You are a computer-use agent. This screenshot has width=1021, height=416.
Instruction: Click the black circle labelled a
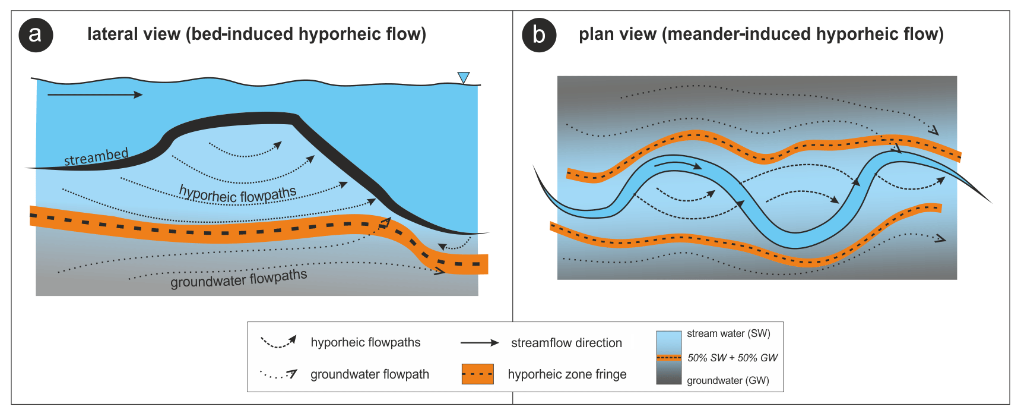[36, 35]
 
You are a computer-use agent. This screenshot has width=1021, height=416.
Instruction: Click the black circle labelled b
[538, 35]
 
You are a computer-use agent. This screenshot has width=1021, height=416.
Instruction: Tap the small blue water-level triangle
[464, 77]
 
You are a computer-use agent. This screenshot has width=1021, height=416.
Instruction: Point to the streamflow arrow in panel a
[95, 94]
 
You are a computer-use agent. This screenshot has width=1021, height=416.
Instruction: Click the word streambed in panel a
[96, 157]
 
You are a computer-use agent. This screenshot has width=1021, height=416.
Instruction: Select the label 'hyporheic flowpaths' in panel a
[237, 194]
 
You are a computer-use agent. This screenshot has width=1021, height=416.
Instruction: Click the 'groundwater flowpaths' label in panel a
[239, 278]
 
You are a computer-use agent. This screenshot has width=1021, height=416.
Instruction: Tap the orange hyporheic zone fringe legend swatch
[477, 374]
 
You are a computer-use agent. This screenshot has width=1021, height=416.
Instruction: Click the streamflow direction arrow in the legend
[480, 342]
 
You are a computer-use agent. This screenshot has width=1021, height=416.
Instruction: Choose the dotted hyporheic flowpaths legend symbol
[278, 342]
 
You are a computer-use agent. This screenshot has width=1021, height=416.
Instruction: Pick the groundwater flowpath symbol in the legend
[278, 374]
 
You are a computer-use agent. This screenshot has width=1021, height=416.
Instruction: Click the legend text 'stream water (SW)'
[728, 333]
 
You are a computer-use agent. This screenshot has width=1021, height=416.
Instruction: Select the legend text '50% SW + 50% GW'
[732, 358]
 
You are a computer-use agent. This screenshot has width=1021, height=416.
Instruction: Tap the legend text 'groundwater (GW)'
[728, 380]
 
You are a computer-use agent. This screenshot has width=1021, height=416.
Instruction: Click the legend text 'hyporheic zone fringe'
[567, 374]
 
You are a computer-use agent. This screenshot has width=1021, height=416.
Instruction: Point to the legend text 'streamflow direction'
[566, 343]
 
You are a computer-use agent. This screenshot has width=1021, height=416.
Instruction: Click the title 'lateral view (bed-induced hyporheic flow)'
[256, 34]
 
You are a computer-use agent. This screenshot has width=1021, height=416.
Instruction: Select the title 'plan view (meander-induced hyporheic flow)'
[761, 34]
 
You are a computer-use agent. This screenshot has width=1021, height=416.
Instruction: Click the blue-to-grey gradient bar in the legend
[668, 357]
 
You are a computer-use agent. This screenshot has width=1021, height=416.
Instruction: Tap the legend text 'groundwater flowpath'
[369, 374]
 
